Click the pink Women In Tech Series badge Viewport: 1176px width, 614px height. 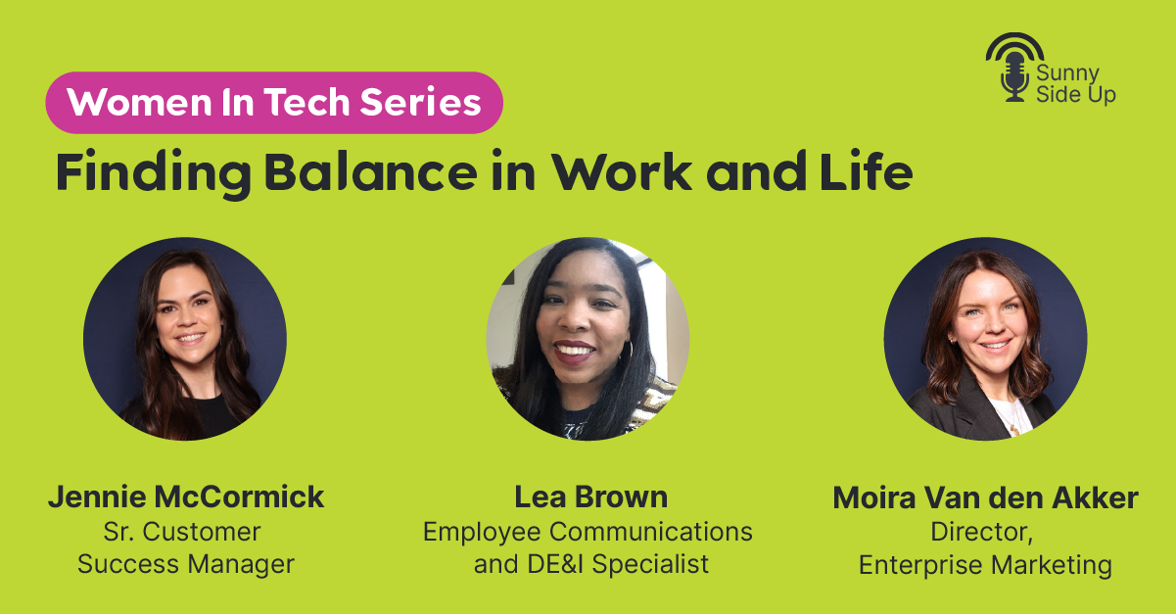pyautogui.click(x=274, y=103)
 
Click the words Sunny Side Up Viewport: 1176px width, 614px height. pyautogui.click(x=1076, y=84)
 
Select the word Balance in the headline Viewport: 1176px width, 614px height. pyautogui.click(x=371, y=171)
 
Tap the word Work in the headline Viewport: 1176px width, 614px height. pyautogui.click(x=622, y=171)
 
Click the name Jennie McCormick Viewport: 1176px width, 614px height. pyautogui.click(x=186, y=496)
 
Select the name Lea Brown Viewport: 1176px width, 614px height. pyautogui.click(x=590, y=496)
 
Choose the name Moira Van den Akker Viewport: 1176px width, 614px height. pyautogui.click(x=985, y=497)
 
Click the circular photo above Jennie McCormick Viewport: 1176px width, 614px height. pyautogui.click(x=185, y=339)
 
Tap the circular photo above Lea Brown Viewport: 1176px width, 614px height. pyautogui.click(x=588, y=339)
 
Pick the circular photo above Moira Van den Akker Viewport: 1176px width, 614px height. pyautogui.click(x=985, y=339)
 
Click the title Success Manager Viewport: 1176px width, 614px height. pyautogui.click(x=186, y=564)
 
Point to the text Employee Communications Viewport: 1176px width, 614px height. pyautogui.click(x=588, y=532)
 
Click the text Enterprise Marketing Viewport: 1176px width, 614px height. pyautogui.click(x=985, y=565)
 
